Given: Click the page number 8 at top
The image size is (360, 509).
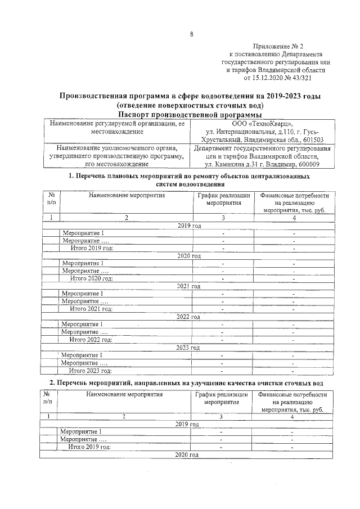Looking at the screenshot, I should pyautogui.click(x=191, y=35).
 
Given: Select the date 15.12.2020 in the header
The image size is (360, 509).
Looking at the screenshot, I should pyautogui.click(x=272, y=79).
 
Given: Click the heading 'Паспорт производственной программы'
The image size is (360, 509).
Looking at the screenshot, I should pyautogui.click(x=191, y=114).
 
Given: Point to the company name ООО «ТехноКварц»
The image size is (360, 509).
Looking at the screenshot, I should pyautogui.click(x=262, y=123).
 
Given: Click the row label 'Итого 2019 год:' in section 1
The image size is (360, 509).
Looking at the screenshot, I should pyautogui.click(x=91, y=247).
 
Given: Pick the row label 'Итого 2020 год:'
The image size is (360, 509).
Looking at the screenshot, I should pyautogui.click(x=91, y=278).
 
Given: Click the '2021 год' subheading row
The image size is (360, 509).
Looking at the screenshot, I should pyautogui.click(x=188, y=286).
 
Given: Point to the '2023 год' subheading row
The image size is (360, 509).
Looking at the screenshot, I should pyautogui.click(x=188, y=348).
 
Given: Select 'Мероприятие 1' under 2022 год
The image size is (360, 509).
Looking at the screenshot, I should pyautogui.click(x=82, y=324).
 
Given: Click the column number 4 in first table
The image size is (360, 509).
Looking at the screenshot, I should pyautogui.click(x=293, y=218).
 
